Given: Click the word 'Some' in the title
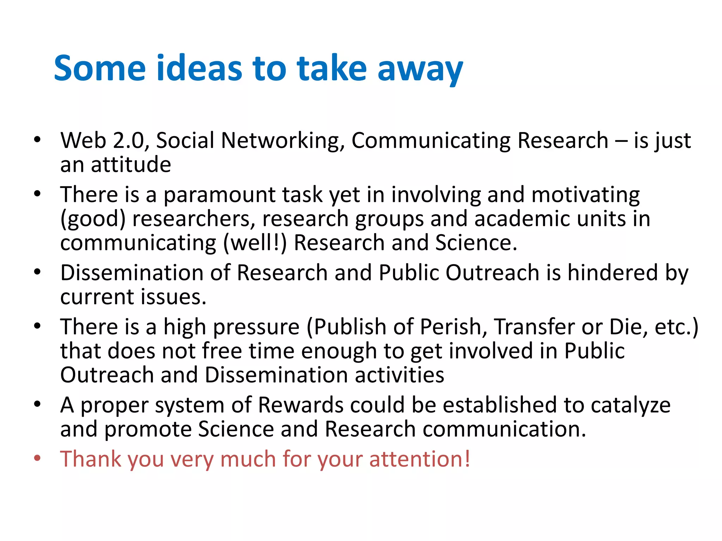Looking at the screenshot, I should (100, 68).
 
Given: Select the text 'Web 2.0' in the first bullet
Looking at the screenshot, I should (103, 141).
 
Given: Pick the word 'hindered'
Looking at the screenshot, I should (612, 273).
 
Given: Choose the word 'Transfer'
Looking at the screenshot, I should (534, 327).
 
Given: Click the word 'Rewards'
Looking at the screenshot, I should (300, 405).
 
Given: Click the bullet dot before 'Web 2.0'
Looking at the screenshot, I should (37, 140).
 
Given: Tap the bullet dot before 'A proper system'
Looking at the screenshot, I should (37, 404).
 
